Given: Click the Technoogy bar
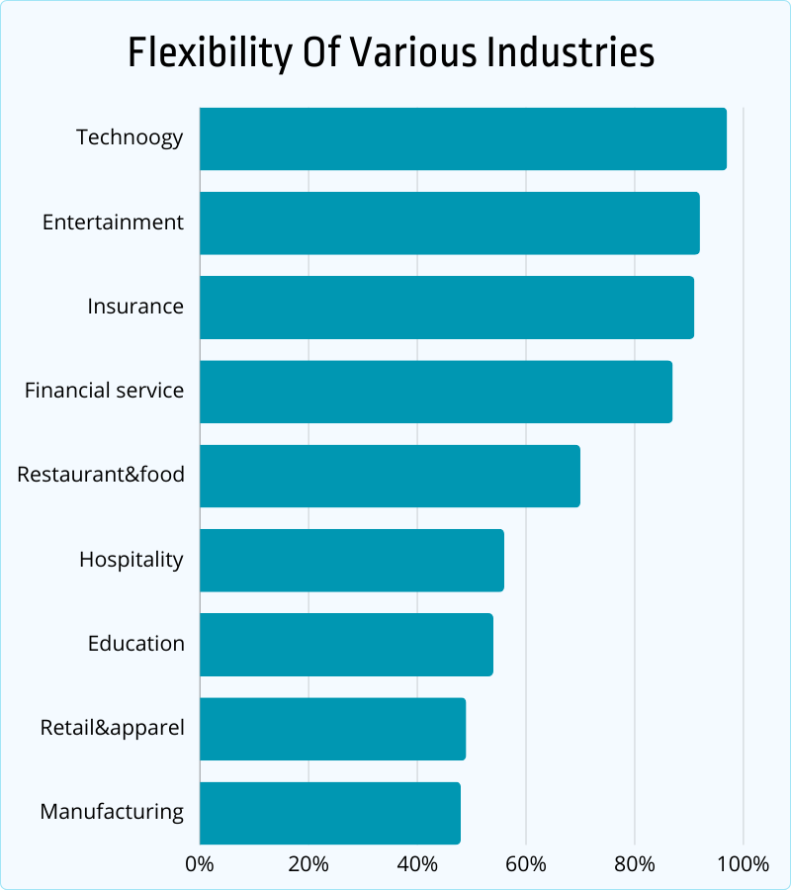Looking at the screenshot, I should pos(463,138).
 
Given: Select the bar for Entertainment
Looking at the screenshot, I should pos(450,222).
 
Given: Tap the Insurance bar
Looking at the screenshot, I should pos(447,308).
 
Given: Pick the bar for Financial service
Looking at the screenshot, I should pos(436,392).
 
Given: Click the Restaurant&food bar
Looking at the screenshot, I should pos(390,476).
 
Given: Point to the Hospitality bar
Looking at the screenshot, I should pos(352,560).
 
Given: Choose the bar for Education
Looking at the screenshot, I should pos(346,645).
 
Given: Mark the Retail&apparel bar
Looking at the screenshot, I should pos(332,729).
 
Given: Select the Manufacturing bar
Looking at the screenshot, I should pos(330,813).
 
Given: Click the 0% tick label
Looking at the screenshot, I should pos(200,863).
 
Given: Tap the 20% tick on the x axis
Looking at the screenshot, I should pos(308,863).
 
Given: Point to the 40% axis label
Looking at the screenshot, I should pos(417,863).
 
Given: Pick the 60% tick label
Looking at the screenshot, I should pos(526,863).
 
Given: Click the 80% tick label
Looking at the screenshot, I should pos(635,863).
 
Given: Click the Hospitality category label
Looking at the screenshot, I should pos(132,560).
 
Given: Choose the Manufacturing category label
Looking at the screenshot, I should pos(112,813).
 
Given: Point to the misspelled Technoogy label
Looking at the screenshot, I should pos(130,137).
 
